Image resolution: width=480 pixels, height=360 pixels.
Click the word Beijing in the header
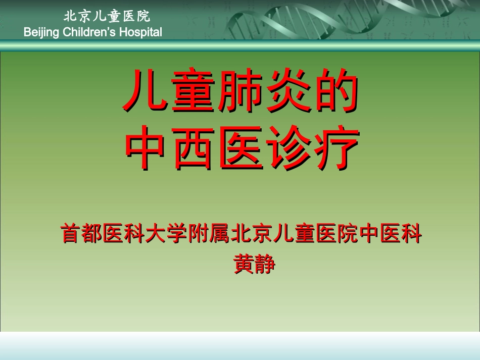(x=42, y=32)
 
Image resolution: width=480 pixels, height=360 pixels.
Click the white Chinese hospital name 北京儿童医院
(x=107, y=16)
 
